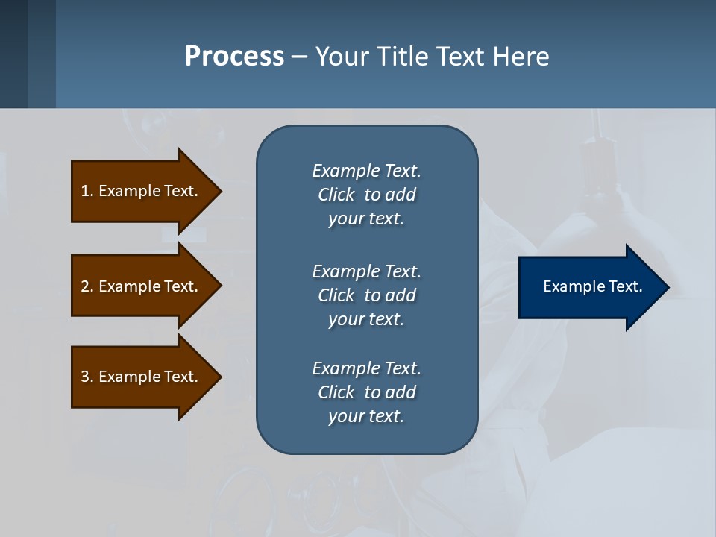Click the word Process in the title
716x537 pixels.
pyautogui.click(x=234, y=57)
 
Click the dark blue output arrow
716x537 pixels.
pyautogui.click(x=589, y=287)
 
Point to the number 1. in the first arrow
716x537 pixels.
pyautogui.click(x=87, y=191)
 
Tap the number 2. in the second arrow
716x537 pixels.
pyautogui.click(x=87, y=286)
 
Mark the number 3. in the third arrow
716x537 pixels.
pyautogui.click(x=87, y=377)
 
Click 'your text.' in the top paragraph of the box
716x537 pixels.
pyautogui.click(x=366, y=219)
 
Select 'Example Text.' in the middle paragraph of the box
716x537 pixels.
pyautogui.click(x=366, y=271)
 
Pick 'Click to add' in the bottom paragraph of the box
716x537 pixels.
pyautogui.click(x=366, y=392)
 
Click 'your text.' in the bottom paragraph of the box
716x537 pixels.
pyautogui.click(x=366, y=416)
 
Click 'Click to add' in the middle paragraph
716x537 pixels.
pyautogui.click(x=366, y=295)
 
